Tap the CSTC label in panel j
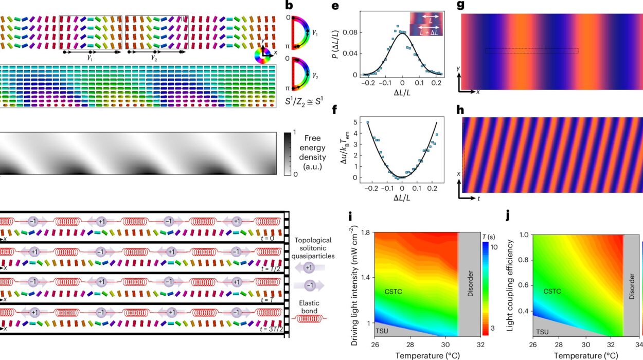(x=552, y=291)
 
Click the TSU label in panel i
(x=381, y=330)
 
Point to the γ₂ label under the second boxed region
(x=154, y=58)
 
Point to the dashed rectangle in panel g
(x=531, y=50)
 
